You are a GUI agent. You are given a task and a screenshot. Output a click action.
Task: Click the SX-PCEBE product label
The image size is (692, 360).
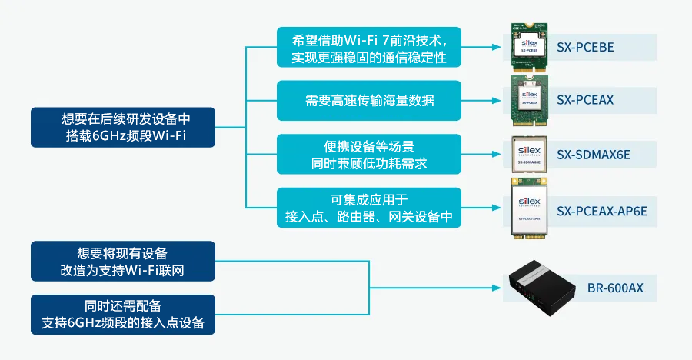[585, 47]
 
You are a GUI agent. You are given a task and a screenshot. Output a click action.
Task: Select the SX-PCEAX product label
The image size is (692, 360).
[585, 100]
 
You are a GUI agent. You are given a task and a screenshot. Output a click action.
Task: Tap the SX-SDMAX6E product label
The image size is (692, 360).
[593, 154]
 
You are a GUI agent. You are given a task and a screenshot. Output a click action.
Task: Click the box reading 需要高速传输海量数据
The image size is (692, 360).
[369, 101]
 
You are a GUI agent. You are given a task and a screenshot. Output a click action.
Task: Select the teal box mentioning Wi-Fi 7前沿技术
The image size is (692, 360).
[369, 47]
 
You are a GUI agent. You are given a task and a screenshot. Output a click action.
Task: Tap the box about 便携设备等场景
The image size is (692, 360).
[369, 154]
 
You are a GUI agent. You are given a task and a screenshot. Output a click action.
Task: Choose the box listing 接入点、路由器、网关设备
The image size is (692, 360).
[369, 208]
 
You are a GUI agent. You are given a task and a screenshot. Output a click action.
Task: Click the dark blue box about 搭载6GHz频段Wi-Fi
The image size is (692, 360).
[123, 128]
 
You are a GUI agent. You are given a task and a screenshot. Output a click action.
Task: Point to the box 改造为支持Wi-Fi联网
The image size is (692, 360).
[123, 262]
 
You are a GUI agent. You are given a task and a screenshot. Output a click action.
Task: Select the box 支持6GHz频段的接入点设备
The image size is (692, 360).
[123, 315]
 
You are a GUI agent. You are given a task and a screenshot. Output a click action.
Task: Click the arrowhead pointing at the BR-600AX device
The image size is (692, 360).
[496, 288]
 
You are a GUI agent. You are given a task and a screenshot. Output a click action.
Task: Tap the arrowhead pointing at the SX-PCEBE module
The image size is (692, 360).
[496, 47]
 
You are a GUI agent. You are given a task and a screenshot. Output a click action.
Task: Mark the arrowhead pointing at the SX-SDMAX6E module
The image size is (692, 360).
[496, 154]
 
